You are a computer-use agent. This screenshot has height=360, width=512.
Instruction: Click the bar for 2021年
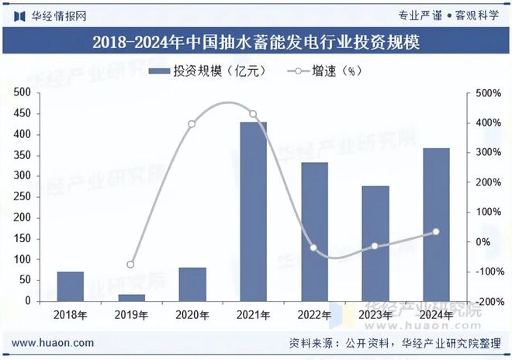(253, 211)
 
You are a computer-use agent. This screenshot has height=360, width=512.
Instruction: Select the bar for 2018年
(71, 286)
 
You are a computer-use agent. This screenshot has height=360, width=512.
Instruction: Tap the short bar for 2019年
(131, 297)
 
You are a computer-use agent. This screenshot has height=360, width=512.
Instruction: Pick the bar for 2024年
(436, 224)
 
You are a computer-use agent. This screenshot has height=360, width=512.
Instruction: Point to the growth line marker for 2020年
(192, 124)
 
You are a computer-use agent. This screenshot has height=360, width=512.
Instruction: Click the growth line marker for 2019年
(131, 265)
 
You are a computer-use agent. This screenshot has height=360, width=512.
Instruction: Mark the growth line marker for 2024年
(436, 232)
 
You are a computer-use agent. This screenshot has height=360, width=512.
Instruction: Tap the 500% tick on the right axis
(486, 93)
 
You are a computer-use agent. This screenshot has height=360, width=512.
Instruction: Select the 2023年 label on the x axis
(375, 315)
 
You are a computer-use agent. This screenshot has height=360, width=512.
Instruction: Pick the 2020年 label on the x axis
(192, 315)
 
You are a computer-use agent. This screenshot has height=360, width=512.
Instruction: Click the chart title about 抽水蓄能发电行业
(256, 42)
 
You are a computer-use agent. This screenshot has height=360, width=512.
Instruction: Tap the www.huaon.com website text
(54, 343)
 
